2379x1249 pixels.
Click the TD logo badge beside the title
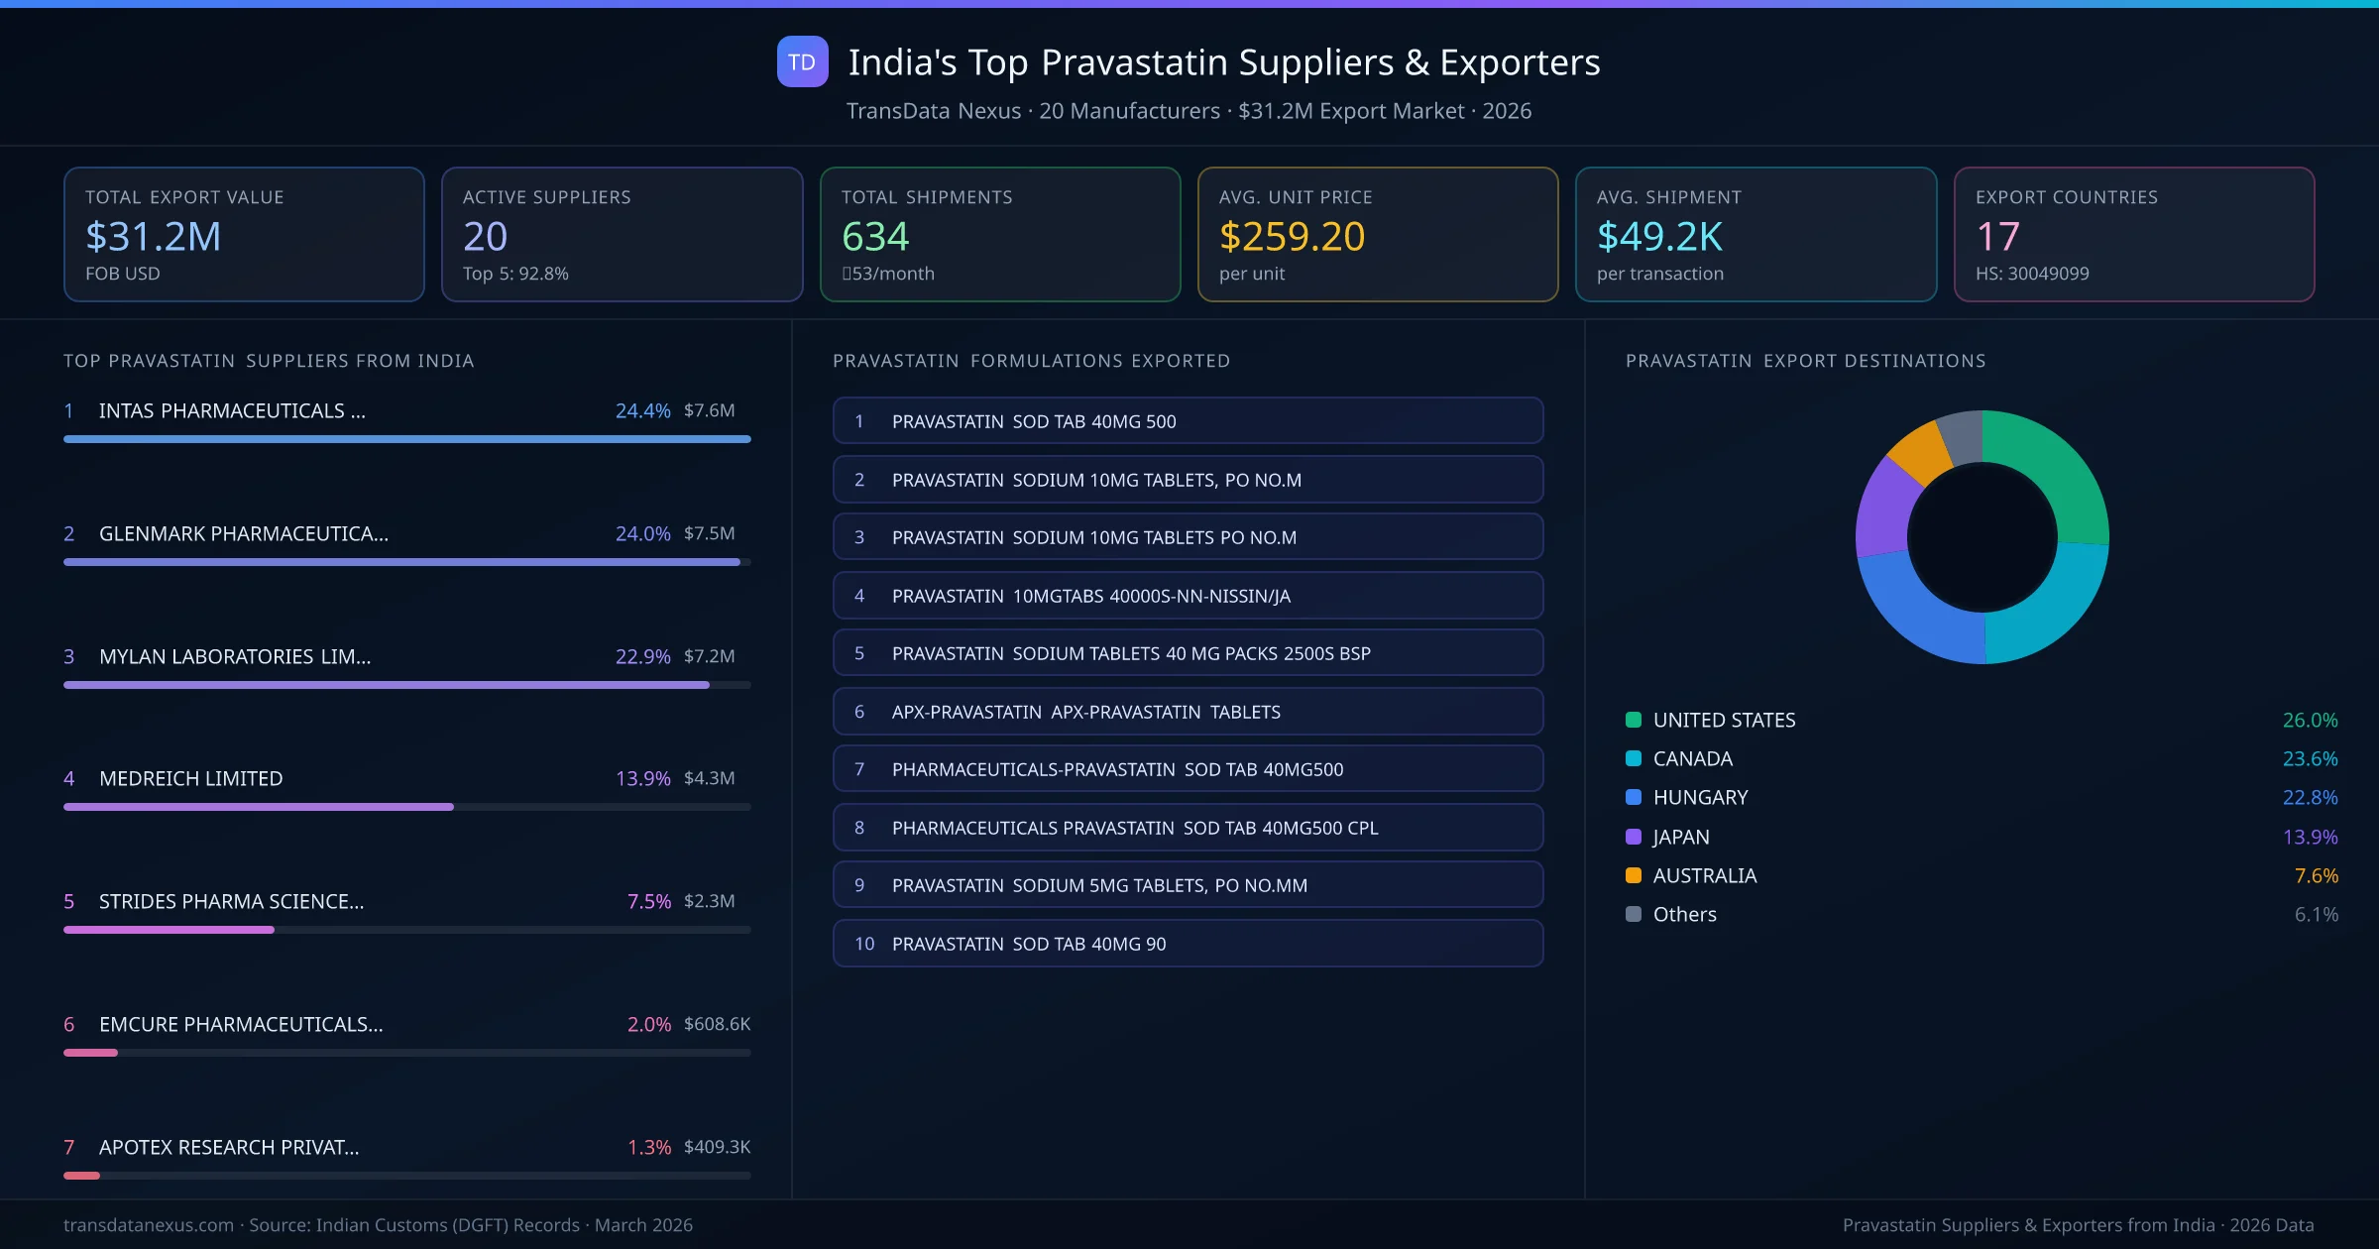coord(802,62)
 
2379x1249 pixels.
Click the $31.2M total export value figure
coord(154,237)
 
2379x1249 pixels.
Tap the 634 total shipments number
coord(875,237)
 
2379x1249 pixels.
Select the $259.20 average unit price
coord(1292,237)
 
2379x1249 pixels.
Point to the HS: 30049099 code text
coord(2031,274)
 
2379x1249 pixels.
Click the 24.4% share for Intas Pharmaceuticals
coord(642,410)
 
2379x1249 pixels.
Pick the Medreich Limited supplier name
coord(190,778)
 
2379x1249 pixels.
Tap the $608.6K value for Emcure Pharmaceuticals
coord(717,1024)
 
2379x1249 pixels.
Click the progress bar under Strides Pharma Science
coord(169,930)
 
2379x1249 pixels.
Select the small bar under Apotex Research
coord(82,1176)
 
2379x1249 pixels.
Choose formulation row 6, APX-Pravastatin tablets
coord(1188,712)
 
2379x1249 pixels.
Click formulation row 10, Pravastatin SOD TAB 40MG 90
coord(1188,944)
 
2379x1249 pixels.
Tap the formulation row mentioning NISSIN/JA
coord(1188,596)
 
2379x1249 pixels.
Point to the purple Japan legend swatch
coord(1634,837)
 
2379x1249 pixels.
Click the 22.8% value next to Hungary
coord(2310,798)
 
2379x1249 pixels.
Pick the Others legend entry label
coord(1684,915)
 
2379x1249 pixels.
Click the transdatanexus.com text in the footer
coord(149,1225)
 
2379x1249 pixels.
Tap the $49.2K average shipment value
coord(1659,237)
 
